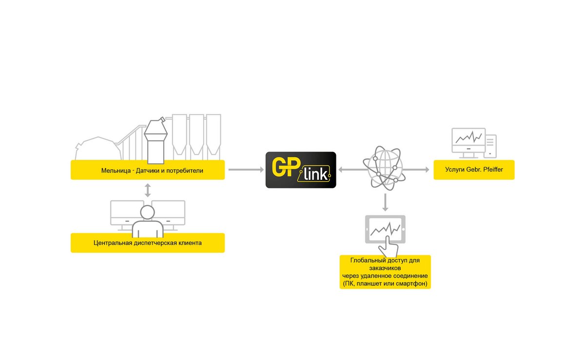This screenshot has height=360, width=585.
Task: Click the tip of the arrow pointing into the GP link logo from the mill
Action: click(264, 170)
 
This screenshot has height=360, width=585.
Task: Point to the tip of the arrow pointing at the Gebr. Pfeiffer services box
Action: click(429, 170)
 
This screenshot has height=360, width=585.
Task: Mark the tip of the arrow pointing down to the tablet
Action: click(385, 211)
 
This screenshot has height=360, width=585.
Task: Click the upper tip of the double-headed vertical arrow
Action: click(148, 184)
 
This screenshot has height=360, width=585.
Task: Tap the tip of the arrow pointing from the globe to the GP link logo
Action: click(338, 170)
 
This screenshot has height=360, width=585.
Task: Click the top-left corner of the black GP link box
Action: click(266, 152)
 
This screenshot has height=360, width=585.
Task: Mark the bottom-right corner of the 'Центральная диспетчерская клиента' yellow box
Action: click(225, 252)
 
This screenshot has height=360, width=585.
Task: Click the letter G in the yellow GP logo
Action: click(279, 167)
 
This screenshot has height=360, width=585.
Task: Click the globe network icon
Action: click(384, 168)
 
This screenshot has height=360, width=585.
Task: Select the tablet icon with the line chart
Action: click(385, 229)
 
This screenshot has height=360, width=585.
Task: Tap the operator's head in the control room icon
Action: click(148, 212)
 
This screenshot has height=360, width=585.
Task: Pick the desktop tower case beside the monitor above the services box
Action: click(490, 146)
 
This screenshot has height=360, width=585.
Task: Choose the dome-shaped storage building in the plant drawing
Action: click(98, 148)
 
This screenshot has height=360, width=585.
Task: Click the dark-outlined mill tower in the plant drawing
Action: click(156, 140)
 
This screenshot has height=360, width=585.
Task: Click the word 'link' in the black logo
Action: click(315, 174)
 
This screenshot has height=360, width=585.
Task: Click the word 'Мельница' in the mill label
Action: click(116, 171)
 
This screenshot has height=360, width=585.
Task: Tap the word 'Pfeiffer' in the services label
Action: click(493, 170)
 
